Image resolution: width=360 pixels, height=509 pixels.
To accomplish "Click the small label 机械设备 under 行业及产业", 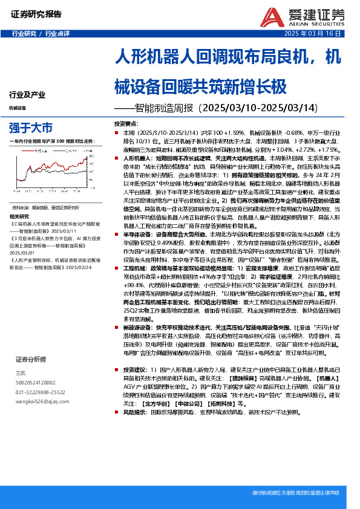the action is point(18,108).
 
